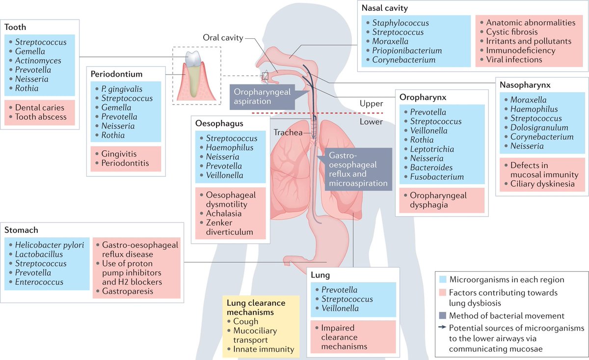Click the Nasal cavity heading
[x=384, y=8]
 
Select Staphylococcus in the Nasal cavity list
[x=401, y=23]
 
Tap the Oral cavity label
[x=222, y=38]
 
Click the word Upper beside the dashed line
[x=371, y=104]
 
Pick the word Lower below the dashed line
[x=371, y=121]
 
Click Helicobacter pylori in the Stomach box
[x=49, y=245]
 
